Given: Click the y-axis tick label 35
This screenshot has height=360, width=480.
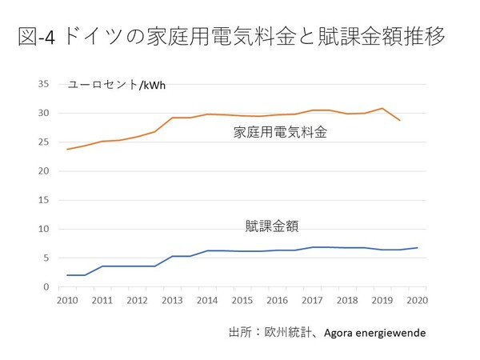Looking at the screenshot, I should click(45, 84).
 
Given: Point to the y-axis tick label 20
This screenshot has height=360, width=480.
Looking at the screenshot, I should click(45, 171).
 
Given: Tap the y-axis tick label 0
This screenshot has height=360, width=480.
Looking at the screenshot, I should click(48, 286).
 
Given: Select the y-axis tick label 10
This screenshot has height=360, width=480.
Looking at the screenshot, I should click(45, 229).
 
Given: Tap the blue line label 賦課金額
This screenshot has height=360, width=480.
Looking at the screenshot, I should click(272, 226).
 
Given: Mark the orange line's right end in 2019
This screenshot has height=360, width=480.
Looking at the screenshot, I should click(400, 120).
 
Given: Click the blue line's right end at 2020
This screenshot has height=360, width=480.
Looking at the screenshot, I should click(417, 248).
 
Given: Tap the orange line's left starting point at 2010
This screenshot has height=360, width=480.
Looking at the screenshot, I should click(66, 150).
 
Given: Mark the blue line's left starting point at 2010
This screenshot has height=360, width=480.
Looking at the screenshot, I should click(66, 275).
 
